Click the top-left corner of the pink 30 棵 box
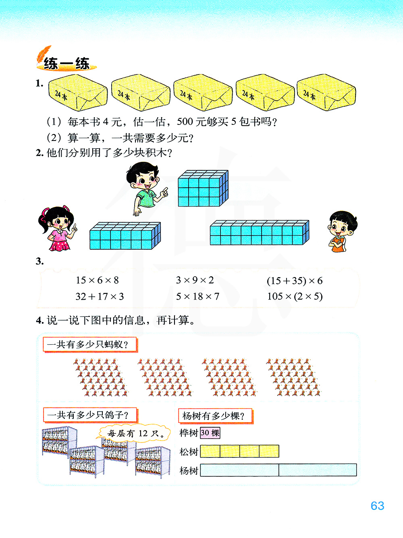(200, 427)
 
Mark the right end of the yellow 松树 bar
(279, 451)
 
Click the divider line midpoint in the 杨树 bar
(278, 470)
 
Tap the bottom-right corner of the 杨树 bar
(357, 476)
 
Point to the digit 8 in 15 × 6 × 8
(116, 280)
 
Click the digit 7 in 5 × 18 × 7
(216, 296)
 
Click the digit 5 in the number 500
(180, 122)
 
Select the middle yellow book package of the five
(203, 92)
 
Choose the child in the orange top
(343, 232)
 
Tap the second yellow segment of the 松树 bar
(230, 451)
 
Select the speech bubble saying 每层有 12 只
(135, 434)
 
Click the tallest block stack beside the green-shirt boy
(204, 188)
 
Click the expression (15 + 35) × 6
(295, 281)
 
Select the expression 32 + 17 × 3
(100, 296)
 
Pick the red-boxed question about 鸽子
(90, 415)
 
